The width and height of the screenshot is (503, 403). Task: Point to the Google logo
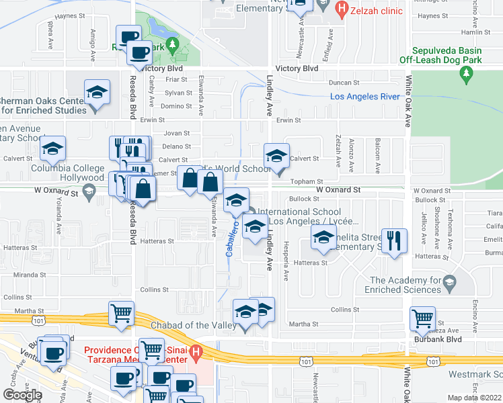[x=22, y=395]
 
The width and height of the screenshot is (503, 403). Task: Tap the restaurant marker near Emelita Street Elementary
[x=393, y=239]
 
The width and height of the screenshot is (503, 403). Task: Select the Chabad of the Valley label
[x=185, y=326]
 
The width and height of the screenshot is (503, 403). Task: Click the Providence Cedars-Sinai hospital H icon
[x=196, y=351]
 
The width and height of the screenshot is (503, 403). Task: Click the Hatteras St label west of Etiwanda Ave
[x=158, y=241]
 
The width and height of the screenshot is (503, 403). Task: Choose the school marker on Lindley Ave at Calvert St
[x=275, y=156]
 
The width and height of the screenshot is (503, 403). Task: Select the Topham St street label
[x=307, y=181]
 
